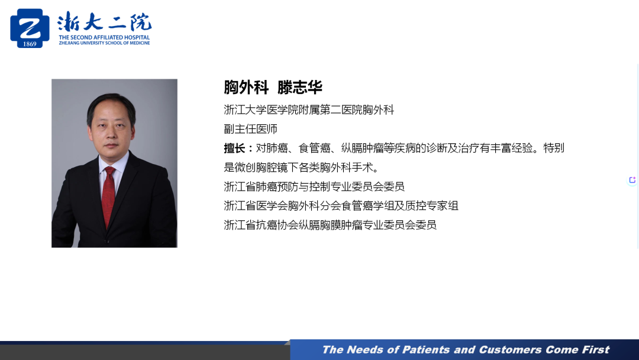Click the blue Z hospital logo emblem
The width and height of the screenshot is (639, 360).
[x=30, y=28]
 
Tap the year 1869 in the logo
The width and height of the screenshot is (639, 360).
[x=30, y=44]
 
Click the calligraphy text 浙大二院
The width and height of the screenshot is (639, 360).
[x=104, y=22]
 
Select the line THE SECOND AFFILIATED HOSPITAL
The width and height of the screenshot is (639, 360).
[x=104, y=37]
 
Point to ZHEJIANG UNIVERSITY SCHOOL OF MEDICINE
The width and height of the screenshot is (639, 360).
[x=104, y=43]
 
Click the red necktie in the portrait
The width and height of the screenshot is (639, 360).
[x=108, y=197]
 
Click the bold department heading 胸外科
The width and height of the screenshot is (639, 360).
[x=246, y=87]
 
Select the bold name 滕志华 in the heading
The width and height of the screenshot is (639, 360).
[x=300, y=87]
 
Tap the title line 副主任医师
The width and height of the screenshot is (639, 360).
[x=251, y=129]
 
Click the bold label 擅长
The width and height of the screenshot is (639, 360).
[x=234, y=149]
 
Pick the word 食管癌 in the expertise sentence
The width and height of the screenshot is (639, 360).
[x=314, y=148]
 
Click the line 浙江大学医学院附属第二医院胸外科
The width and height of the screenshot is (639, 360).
[x=309, y=110]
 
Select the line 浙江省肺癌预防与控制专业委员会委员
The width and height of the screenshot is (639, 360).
[x=314, y=187]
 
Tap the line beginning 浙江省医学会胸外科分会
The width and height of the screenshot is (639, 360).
[x=341, y=206]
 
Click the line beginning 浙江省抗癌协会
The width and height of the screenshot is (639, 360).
[x=330, y=225]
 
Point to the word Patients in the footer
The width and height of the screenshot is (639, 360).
[x=426, y=350]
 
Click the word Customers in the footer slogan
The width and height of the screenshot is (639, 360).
[x=510, y=350]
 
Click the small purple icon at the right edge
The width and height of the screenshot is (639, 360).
[x=632, y=180]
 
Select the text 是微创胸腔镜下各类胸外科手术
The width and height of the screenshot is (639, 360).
[x=299, y=168]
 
